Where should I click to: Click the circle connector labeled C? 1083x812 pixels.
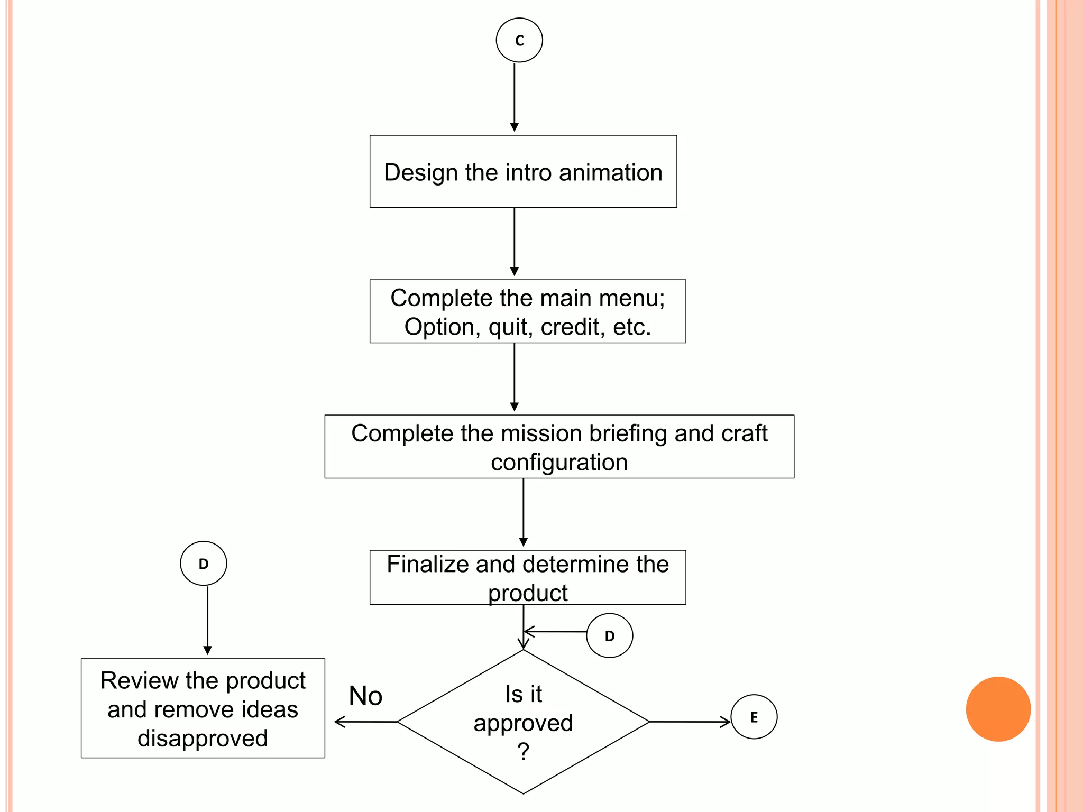click(x=519, y=40)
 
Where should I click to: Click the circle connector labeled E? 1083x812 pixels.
click(x=754, y=717)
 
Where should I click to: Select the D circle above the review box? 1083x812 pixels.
click(x=204, y=564)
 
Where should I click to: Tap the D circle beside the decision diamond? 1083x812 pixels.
click(x=609, y=635)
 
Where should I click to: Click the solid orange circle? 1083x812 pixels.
click(x=998, y=709)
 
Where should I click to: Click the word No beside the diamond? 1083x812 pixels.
click(x=365, y=696)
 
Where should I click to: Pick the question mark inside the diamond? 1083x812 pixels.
click(x=523, y=751)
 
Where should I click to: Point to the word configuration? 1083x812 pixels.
click(x=559, y=463)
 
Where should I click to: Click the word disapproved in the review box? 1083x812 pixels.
click(x=203, y=738)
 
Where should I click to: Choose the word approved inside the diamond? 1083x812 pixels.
click(x=523, y=723)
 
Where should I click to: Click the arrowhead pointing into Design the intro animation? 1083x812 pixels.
click(x=514, y=127)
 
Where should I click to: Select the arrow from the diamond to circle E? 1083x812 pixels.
click(x=690, y=722)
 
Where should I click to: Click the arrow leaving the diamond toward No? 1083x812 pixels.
click(x=365, y=722)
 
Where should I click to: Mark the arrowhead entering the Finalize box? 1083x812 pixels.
click(x=523, y=542)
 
